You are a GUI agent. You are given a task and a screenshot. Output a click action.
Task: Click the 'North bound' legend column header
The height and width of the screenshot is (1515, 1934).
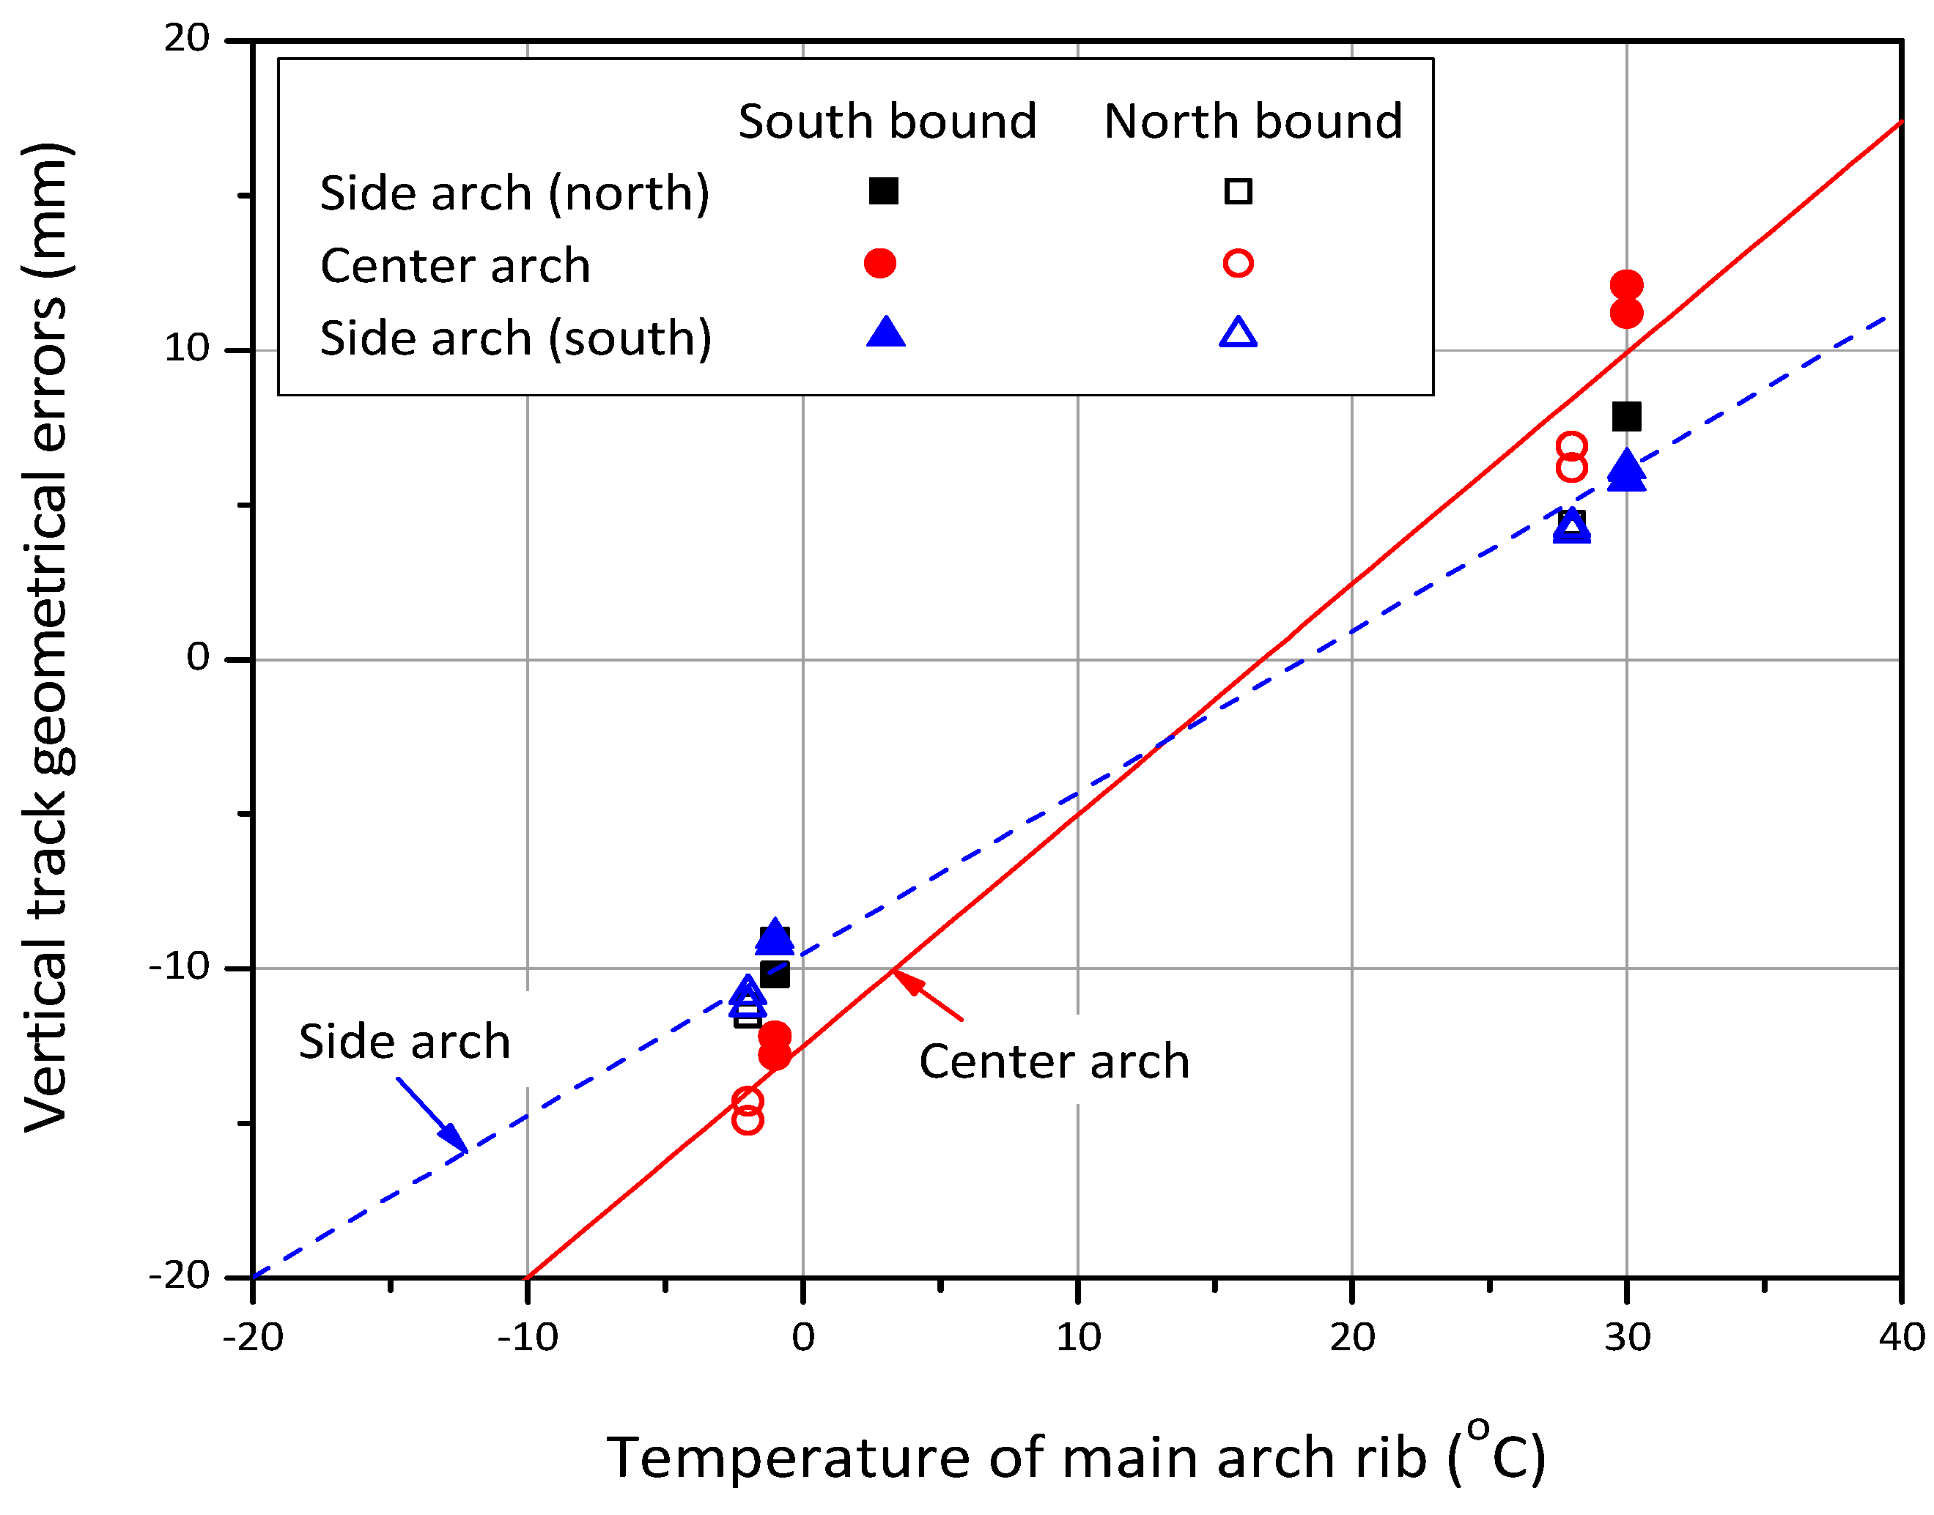pyautogui.click(x=1252, y=122)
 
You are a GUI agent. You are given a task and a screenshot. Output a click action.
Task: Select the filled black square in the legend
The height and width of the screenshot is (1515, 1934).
pyautogui.click(x=882, y=190)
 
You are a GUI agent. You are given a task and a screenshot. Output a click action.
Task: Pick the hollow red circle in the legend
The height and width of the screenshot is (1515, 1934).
pyautogui.click(x=1237, y=264)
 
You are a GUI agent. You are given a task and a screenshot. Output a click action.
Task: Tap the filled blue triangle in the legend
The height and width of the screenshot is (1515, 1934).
pyautogui.click(x=885, y=333)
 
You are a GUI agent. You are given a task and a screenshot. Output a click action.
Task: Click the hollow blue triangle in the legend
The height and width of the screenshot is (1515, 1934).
pyautogui.click(x=1237, y=333)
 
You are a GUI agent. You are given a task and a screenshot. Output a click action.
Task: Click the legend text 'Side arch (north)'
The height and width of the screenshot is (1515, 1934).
pyautogui.click(x=514, y=193)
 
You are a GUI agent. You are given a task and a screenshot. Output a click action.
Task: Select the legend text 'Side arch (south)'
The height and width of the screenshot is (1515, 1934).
pyautogui.click(x=515, y=339)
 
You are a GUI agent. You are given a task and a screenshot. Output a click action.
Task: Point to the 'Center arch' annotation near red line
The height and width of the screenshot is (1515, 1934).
pyautogui.click(x=1053, y=1062)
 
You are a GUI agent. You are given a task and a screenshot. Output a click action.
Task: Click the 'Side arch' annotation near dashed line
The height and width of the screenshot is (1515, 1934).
pyautogui.click(x=404, y=1041)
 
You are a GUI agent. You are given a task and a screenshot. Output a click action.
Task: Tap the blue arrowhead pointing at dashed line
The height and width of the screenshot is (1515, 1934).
pyautogui.click(x=455, y=1139)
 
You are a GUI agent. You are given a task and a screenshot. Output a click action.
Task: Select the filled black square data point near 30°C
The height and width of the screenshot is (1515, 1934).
pyautogui.click(x=1625, y=416)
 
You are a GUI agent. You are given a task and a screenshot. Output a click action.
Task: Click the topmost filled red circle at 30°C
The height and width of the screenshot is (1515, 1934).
pyautogui.click(x=1625, y=285)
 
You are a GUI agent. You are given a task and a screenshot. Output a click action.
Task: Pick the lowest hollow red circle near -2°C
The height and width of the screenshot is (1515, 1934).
pyautogui.click(x=747, y=1120)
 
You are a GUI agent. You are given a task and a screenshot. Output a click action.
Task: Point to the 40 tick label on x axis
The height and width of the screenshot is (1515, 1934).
pyautogui.click(x=1900, y=1338)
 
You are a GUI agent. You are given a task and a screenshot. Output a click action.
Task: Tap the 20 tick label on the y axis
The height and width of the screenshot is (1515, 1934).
pyautogui.click(x=187, y=38)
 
